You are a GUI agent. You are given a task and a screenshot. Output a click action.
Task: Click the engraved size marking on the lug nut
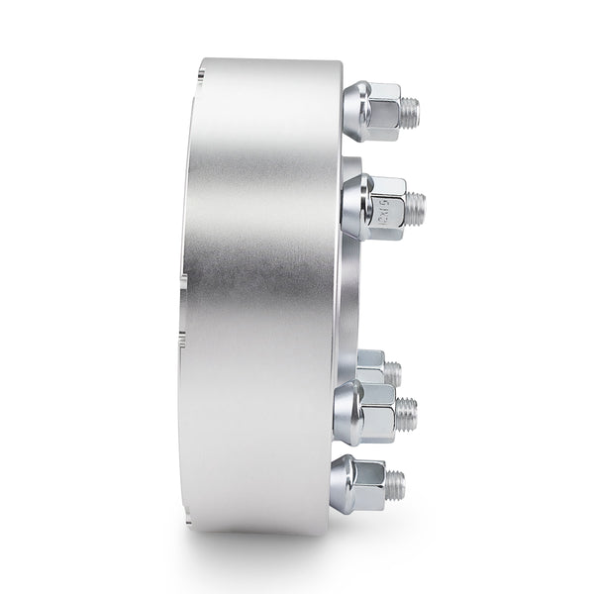[x=388, y=208]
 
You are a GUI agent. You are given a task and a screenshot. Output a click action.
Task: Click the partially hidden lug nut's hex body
[x=372, y=367]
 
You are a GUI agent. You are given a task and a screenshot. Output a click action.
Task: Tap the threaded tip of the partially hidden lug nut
[x=393, y=373]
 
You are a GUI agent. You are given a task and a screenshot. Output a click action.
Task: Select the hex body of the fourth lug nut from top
[x=380, y=411]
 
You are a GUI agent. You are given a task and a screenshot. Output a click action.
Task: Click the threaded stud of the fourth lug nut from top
[x=407, y=408]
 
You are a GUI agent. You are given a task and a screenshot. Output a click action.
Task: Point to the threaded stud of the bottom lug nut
[x=396, y=482]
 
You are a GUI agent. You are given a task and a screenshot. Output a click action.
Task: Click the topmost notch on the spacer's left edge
[x=202, y=71]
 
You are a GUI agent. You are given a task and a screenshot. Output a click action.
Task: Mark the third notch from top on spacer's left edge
[x=181, y=343]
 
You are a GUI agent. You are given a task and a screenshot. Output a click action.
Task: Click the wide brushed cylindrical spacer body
[x=262, y=297]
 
